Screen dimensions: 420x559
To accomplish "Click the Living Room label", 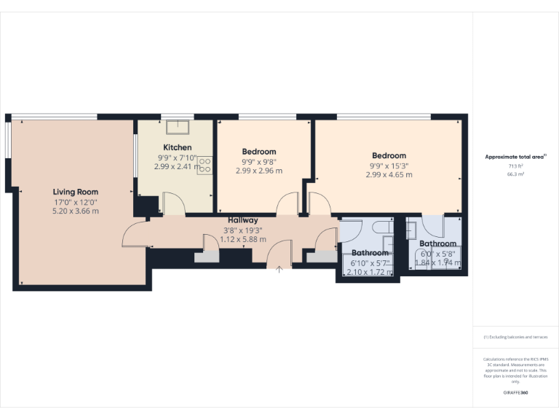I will [x=76, y=192].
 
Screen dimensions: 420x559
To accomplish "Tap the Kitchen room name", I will [x=177, y=147].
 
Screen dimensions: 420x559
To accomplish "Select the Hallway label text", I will [x=242, y=220].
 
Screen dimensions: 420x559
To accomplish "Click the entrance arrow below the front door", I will [x=279, y=269].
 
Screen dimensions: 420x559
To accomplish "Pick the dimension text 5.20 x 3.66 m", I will [x=76, y=211].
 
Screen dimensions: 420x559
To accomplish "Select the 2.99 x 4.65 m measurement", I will [x=389, y=174].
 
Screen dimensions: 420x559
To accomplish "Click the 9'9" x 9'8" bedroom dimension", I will [x=259, y=162].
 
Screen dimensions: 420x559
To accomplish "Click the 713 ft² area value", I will [x=515, y=166].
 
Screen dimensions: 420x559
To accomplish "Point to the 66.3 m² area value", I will [x=515, y=175].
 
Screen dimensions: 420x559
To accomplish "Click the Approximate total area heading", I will [x=515, y=157].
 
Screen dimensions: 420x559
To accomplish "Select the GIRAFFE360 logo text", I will [x=515, y=393].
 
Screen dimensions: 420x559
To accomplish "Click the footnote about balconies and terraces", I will [x=515, y=337].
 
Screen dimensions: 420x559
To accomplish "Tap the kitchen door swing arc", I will [x=173, y=202].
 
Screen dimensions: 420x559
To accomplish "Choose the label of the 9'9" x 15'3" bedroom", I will [x=389, y=155].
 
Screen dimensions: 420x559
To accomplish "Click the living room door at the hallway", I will [x=134, y=235].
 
